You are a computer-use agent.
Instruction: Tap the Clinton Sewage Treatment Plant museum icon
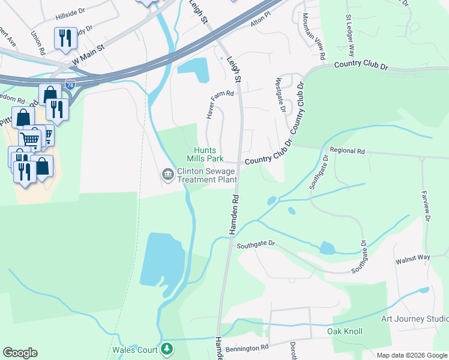[167, 175]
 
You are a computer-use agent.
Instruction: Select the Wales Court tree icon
[168, 349]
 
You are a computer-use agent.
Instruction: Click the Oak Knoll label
[345, 331]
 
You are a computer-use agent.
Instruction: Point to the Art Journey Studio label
[414, 319]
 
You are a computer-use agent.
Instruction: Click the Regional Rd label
[348, 152]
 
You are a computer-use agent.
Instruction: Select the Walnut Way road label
[412, 259]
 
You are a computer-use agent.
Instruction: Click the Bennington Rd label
[248, 347]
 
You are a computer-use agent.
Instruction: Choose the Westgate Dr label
[279, 94]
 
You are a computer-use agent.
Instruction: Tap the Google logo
[20, 353]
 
